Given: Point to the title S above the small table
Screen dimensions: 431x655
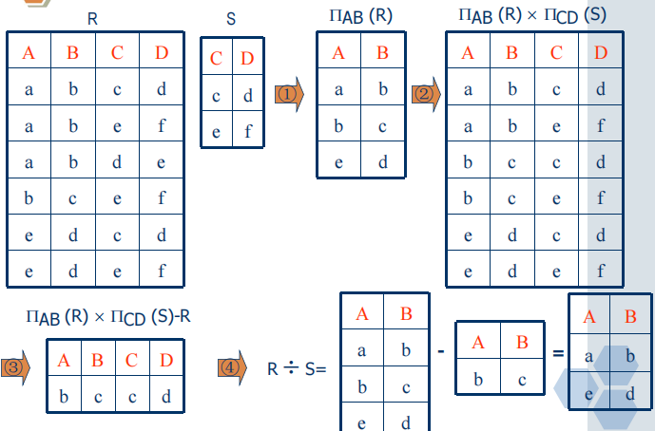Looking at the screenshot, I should [x=233, y=18].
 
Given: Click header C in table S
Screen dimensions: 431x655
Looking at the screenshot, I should [x=217, y=59].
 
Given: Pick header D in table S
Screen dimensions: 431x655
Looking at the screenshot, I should [x=248, y=59].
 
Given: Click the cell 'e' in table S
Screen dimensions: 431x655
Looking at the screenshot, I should [x=217, y=131].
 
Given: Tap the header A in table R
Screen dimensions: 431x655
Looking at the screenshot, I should [x=29, y=52].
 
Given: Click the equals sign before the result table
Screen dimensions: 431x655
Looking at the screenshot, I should [x=557, y=354].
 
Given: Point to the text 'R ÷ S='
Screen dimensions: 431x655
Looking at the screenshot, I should [x=297, y=366].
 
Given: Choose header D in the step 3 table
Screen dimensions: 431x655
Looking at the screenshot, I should [x=167, y=360].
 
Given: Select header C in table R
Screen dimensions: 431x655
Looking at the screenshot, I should [x=117, y=52].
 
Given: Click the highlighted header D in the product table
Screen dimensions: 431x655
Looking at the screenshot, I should [x=600, y=52].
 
